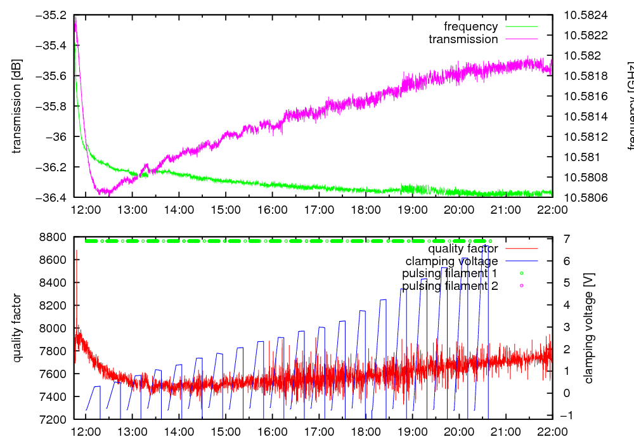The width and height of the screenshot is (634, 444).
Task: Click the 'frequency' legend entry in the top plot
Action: (470, 27)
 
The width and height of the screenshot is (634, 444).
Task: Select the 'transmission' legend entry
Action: (463, 39)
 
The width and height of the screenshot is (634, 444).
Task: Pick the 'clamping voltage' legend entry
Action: (451, 261)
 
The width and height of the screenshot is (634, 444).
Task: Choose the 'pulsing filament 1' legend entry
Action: (450, 273)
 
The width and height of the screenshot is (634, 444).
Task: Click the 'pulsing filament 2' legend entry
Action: (450, 286)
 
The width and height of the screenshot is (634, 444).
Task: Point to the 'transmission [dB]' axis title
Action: (17, 106)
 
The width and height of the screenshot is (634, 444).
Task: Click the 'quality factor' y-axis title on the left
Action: (17, 328)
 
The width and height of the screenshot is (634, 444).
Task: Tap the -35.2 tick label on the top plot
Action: (54, 15)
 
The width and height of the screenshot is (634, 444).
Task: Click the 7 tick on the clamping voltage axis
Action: (566, 237)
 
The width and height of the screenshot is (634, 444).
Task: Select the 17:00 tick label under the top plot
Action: (318, 209)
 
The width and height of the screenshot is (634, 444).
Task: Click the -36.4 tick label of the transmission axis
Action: (54, 197)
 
